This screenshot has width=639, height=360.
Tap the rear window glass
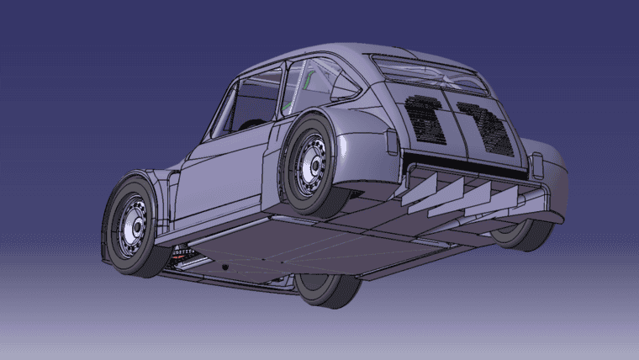click(x=429, y=72)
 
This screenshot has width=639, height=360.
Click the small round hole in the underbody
click(x=226, y=267)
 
